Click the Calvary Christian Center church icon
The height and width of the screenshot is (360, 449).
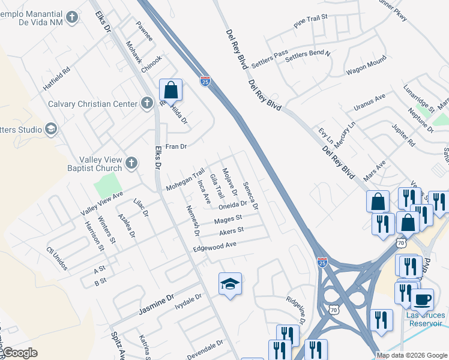point(146,104)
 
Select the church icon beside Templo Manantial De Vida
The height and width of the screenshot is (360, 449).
point(73,17)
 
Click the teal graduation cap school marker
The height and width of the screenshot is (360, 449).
point(230,283)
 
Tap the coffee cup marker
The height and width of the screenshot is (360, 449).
point(421,299)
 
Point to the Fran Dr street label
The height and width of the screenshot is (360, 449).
point(176,146)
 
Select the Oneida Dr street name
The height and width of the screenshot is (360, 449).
point(232,205)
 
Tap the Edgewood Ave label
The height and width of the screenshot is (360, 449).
point(214,246)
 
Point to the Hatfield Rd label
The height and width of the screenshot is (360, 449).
point(56,79)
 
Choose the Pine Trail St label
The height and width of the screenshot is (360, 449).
point(311,22)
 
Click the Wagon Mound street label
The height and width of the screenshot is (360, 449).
point(366,67)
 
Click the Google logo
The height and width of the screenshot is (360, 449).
point(20,353)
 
